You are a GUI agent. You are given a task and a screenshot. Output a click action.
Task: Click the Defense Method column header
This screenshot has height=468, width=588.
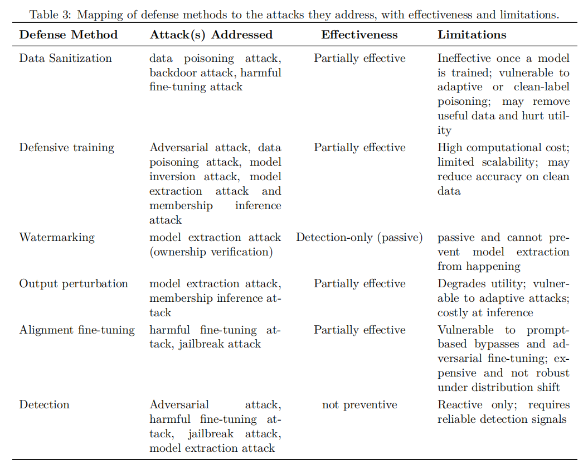pos(69,35)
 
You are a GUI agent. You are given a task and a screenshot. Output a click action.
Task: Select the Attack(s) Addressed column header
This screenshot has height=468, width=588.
pos(211,35)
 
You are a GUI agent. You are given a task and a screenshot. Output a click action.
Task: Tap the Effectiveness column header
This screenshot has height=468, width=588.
pos(359,35)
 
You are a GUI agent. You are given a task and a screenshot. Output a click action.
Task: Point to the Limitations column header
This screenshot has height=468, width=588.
pos(472,35)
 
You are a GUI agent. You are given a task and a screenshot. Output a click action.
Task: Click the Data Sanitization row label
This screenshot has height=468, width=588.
pos(65,58)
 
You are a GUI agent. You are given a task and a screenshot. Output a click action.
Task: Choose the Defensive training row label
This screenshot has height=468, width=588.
pos(66,147)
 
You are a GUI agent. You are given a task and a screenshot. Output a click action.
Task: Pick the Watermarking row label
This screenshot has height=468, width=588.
pos(57,237)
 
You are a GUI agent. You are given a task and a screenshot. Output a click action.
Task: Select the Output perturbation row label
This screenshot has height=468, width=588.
pos(74,283)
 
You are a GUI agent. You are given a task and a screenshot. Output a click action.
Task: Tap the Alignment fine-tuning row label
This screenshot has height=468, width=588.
pos(77,330)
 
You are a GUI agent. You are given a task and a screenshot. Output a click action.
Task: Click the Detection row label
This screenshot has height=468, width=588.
pos(44,404)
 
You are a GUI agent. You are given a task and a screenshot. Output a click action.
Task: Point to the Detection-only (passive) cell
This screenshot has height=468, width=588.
pos(359,237)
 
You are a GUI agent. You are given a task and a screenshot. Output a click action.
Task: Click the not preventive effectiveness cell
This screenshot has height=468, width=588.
pos(359,404)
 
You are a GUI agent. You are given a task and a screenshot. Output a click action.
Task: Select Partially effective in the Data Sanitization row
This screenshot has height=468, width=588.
pos(359,58)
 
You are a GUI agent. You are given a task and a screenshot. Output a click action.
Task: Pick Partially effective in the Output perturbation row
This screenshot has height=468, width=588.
pos(359,283)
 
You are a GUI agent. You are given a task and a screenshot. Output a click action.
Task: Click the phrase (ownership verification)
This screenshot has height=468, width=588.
pos(211,252)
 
